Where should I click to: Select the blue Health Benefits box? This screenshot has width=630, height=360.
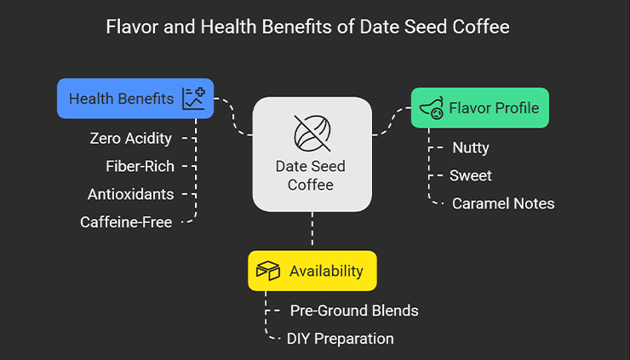coord(135,99)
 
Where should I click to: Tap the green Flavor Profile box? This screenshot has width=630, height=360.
coord(480,108)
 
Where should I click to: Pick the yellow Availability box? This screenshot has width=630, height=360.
coord(312,271)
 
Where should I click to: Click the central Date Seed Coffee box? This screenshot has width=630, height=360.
coord(312,154)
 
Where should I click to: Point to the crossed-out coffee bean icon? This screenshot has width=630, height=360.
coord(312,132)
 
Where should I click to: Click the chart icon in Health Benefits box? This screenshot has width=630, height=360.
coord(194,99)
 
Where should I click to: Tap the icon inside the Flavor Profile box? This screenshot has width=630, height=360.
coord(432,108)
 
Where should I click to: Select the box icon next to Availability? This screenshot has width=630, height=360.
coord(269,271)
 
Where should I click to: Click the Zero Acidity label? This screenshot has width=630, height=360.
coord(130,138)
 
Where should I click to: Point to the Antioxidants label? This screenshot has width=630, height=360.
coord(130,194)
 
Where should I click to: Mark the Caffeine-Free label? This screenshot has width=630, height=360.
coord(126,223)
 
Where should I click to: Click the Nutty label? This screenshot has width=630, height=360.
coord(470,147)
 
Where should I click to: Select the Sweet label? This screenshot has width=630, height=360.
coord(471,175)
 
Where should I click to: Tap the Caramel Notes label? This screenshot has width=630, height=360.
coord(502,203)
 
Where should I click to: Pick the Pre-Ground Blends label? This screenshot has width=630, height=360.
coord(353,311)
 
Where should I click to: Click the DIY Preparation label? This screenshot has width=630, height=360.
coord(340,339)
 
